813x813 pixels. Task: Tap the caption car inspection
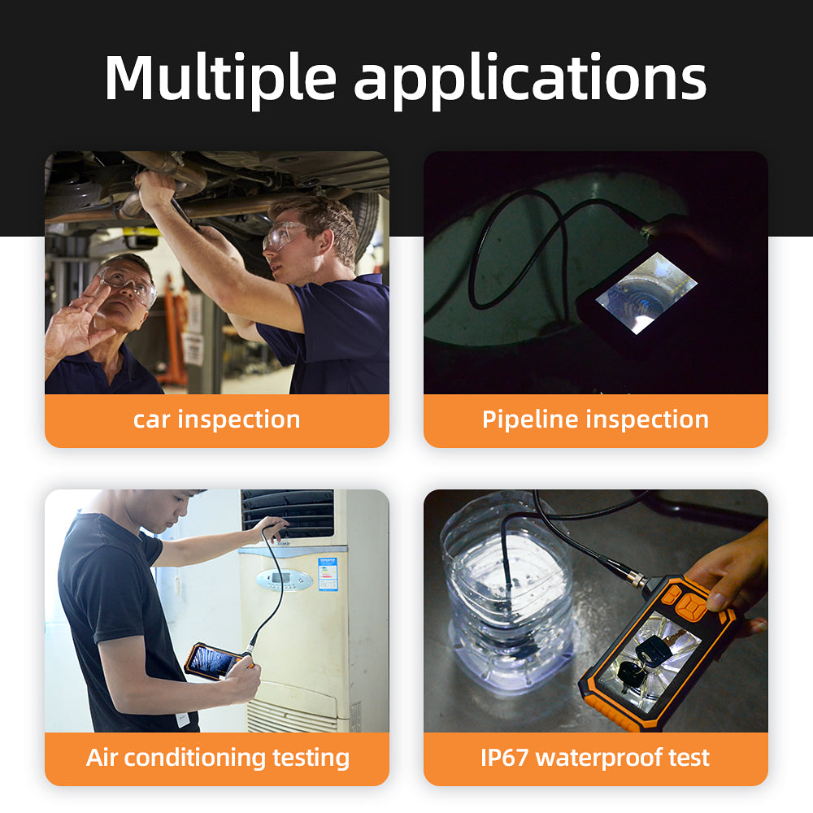click(x=216, y=420)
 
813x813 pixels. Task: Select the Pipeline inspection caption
click(x=595, y=420)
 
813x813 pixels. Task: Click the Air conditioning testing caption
click(x=217, y=758)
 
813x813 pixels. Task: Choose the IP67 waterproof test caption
click(x=595, y=758)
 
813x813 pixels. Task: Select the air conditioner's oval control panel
click(x=284, y=580)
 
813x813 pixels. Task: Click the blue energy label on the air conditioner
click(x=328, y=573)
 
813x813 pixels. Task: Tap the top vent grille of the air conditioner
click(x=288, y=512)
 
